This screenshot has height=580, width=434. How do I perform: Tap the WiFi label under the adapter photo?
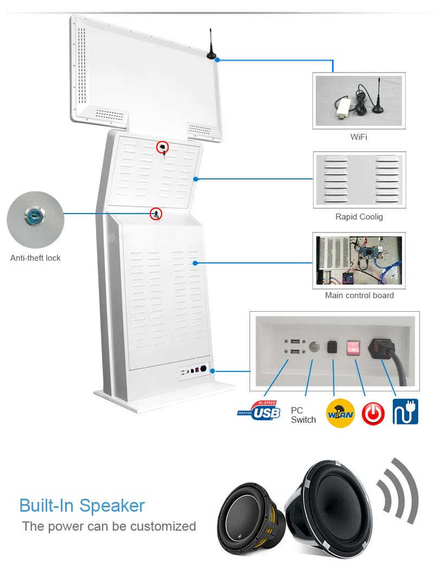tap(359, 137)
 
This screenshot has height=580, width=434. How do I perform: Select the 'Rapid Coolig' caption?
tap(359, 217)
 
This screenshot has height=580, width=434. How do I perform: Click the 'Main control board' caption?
tap(359, 295)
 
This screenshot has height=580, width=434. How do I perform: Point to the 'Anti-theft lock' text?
tap(35, 258)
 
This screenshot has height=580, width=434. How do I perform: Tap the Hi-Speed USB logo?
tap(259, 411)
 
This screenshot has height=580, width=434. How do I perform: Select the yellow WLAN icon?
tap(340, 413)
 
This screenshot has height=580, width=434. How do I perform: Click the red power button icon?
tap(373, 414)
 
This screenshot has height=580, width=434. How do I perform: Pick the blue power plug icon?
tap(405, 411)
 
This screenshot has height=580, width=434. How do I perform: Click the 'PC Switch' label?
tap(303, 415)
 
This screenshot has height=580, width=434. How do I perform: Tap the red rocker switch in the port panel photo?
tap(353, 347)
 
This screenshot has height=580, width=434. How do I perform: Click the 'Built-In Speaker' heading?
tap(82, 506)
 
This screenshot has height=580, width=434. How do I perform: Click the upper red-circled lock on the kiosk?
tap(162, 147)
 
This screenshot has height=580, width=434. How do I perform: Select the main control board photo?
tap(359, 260)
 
